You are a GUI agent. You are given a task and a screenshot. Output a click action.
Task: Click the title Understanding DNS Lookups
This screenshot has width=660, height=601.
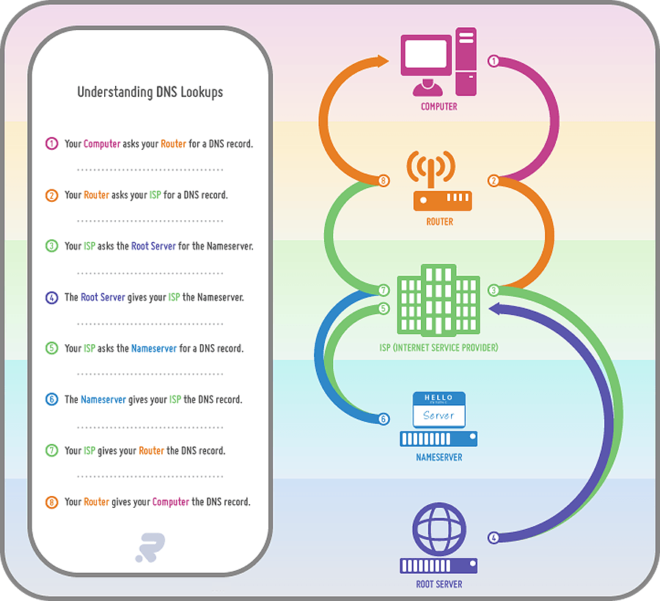click(x=150, y=92)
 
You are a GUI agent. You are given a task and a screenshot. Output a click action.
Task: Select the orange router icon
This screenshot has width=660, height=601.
click(x=439, y=183)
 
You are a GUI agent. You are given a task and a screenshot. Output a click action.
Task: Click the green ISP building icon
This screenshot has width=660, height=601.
click(x=439, y=301)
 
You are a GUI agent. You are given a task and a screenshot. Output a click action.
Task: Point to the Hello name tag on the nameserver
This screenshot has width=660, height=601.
click(x=439, y=409)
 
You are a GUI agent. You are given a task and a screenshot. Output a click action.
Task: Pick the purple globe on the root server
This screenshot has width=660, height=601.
click(x=439, y=528)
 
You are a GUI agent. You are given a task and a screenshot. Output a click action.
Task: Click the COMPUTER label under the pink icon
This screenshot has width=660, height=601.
click(x=439, y=107)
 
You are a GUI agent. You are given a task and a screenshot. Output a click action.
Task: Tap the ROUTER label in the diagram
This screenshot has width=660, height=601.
click(x=439, y=222)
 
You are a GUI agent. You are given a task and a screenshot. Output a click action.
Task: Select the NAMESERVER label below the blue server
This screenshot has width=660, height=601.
click(x=439, y=458)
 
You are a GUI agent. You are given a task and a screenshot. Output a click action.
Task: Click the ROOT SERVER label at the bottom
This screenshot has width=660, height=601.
click(x=439, y=585)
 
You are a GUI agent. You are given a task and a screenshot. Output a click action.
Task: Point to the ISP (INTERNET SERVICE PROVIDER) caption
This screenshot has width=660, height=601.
click(x=439, y=348)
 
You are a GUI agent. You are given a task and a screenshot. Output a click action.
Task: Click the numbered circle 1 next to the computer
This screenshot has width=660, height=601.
click(x=494, y=62)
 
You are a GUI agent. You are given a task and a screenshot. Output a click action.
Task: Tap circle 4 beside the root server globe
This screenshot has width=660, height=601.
click(x=494, y=538)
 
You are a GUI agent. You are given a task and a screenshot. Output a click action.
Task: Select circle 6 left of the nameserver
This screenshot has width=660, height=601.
click(x=383, y=419)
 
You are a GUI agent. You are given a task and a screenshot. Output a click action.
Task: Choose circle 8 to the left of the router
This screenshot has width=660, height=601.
click(x=383, y=180)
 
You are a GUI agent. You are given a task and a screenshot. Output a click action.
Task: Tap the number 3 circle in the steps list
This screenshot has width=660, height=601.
click(x=51, y=247)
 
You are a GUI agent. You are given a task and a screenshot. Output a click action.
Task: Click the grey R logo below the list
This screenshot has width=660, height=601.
click(x=150, y=547)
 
